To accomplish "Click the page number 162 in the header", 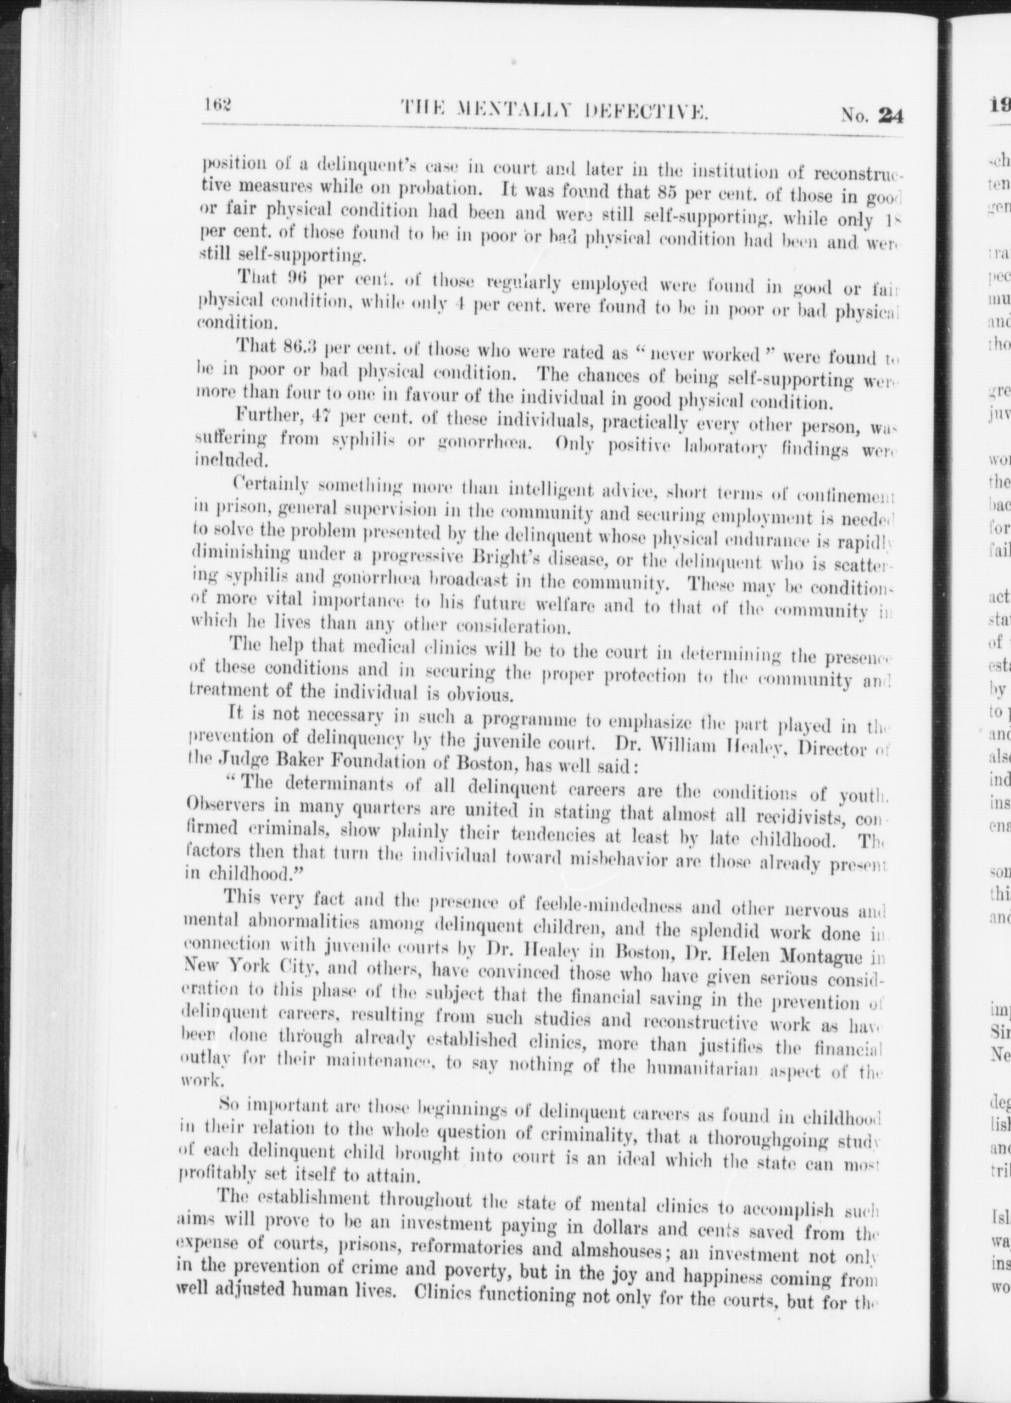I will click(217, 105).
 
